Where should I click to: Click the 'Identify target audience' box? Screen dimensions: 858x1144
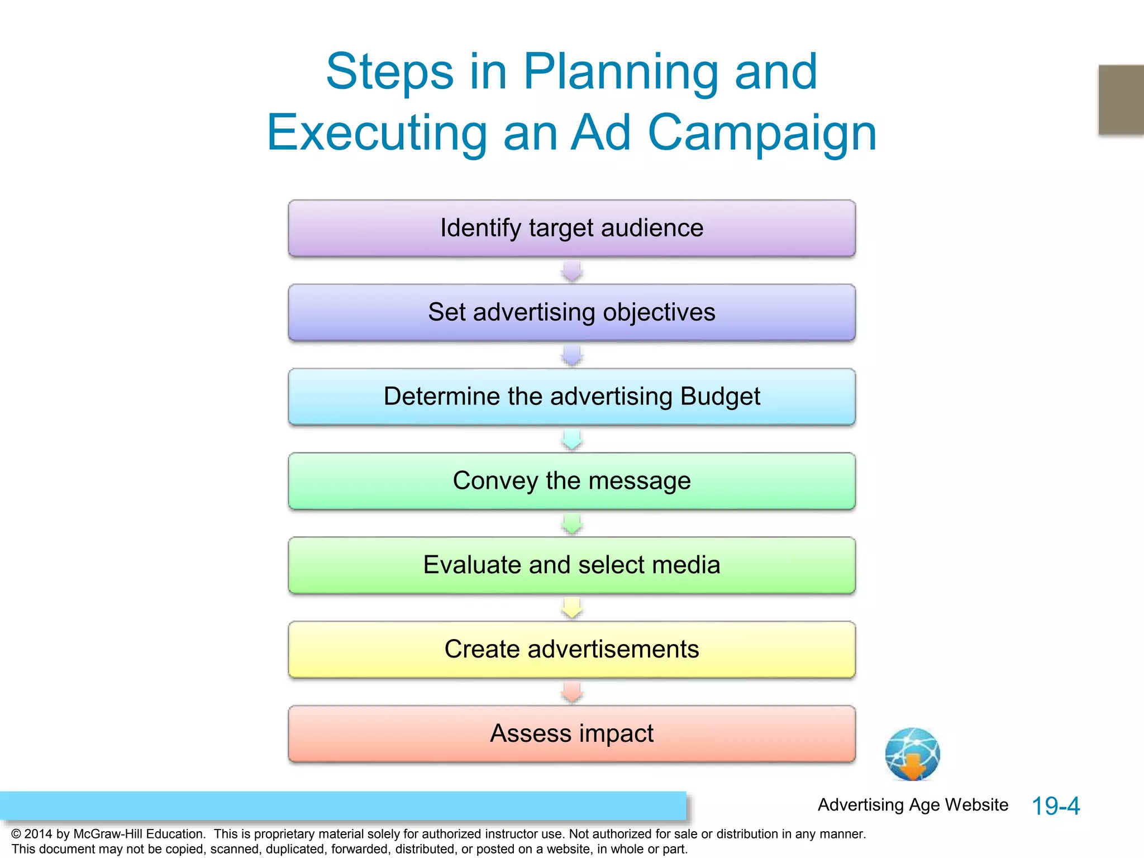571,228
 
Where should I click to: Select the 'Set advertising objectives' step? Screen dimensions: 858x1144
571,313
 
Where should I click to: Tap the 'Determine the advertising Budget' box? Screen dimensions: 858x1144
571,397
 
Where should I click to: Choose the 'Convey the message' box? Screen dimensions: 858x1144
571,482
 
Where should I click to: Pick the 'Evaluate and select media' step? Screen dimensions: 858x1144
571,565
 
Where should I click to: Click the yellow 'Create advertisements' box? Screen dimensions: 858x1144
571,650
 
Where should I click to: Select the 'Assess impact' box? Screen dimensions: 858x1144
571,734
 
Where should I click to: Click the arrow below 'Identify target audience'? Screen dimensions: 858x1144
572,271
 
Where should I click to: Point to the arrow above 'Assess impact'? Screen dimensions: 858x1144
572,692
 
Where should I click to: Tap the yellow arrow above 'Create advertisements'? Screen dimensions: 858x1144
572,608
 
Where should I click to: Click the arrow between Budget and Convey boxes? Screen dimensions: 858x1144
572,440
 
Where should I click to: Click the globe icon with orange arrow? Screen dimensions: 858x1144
912,754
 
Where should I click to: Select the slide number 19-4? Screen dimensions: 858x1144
1055,806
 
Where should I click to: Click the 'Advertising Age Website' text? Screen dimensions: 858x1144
913,805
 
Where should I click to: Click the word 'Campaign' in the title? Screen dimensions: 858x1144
762,134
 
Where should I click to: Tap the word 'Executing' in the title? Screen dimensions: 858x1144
377,134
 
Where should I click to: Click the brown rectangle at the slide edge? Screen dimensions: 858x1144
1121,99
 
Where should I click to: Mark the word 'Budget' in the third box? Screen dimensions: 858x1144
720,397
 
